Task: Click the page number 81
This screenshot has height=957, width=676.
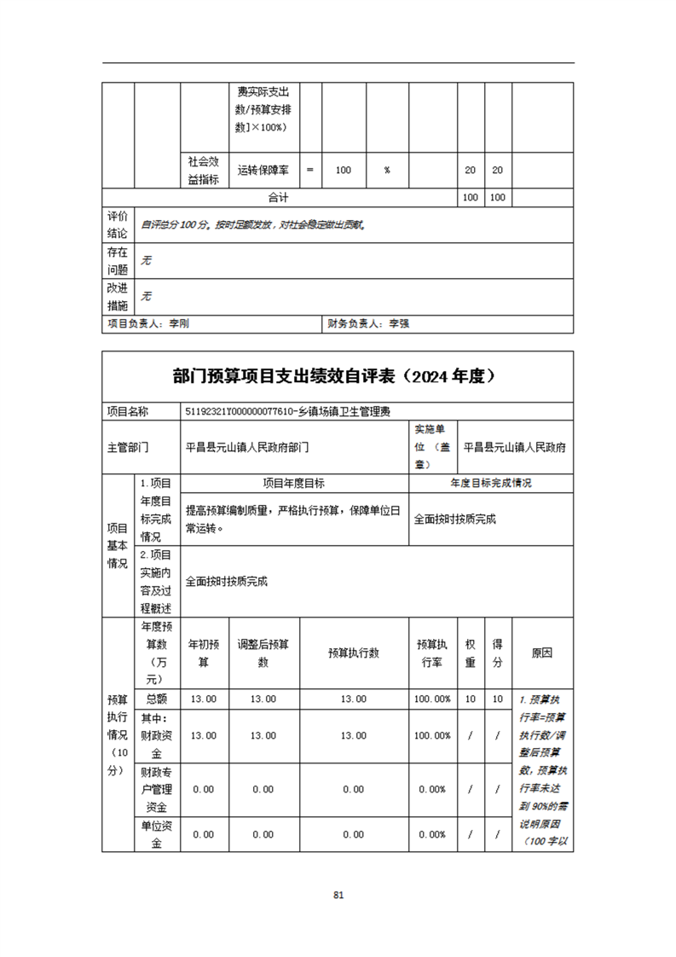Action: (x=338, y=895)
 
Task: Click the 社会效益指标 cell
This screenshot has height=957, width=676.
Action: (x=203, y=170)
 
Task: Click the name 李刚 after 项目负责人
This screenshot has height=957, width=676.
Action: (x=179, y=324)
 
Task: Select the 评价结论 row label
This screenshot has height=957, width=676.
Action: (x=118, y=224)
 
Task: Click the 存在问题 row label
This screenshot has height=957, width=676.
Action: (x=118, y=260)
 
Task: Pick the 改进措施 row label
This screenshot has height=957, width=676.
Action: (x=118, y=296)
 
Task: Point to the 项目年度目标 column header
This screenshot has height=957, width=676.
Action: (x=294, y=483)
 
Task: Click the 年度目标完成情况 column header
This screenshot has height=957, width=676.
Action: (x=490, y=483)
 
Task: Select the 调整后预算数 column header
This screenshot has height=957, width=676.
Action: (x=263, y=653)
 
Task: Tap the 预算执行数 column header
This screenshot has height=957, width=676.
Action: (x=353, y=653)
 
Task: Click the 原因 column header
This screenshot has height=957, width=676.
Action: (x=541, y=653)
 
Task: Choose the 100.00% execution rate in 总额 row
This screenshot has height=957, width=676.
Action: (x=433, y=699)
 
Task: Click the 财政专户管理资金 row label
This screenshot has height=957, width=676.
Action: (x=155, y=789)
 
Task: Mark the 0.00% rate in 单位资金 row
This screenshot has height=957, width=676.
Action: (x=433, y=834)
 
